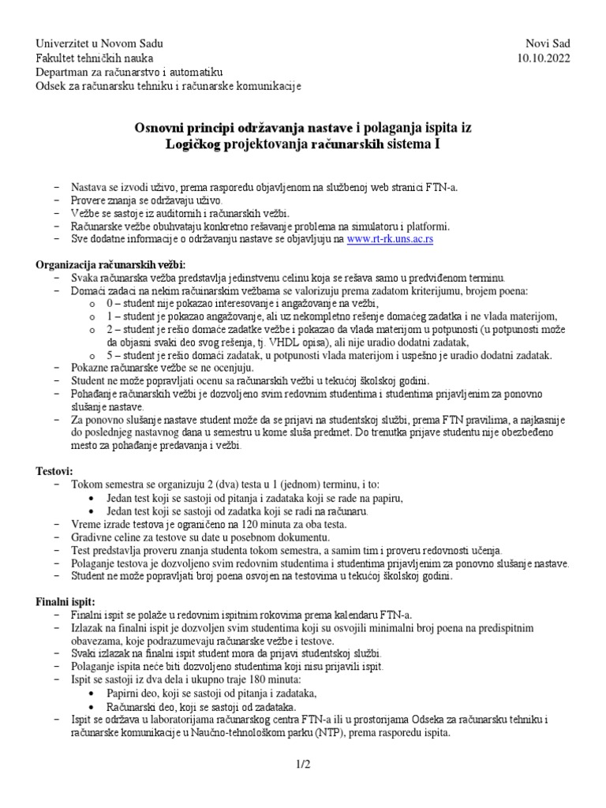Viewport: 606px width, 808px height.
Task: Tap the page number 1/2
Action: (x=303, y=765)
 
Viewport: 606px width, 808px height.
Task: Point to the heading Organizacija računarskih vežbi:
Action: (x=110, y=264)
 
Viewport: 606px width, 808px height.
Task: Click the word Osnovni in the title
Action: (x=160, y=127)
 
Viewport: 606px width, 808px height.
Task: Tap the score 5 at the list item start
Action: (x=110, y=356)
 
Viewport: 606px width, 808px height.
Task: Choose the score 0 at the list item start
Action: (x=110, y=303)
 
